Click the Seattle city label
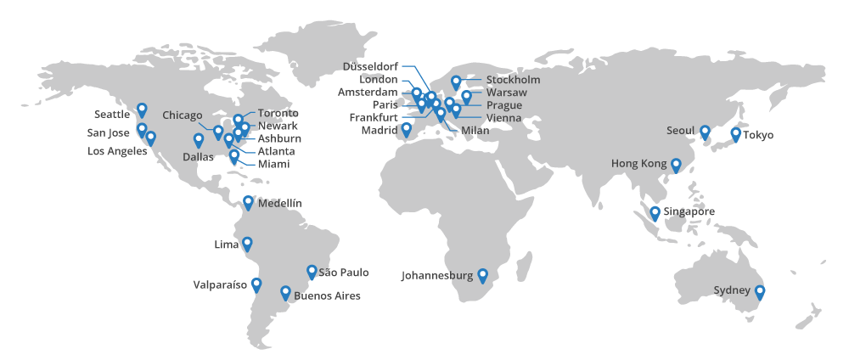point(112,114)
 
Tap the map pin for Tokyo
point(735,134)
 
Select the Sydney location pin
point(760,292)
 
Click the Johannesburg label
point(437,275)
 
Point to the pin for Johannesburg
point(482,275)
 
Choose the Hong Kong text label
point(638,163)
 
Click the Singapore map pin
point(655,213)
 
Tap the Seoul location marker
point(705,132)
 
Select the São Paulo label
point(343,272)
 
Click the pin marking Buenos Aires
point(285,293)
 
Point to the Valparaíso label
point(220,285)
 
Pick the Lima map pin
point(247,244)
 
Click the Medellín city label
point(279,203)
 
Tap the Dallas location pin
point(199,140)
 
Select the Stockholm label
point(513,80)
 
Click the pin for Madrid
point(406,129)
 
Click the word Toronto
point(278,113)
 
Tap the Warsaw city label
point(507,92)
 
